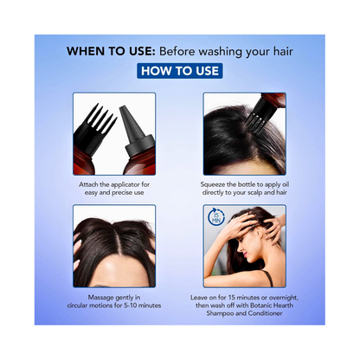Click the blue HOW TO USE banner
click(180, 71)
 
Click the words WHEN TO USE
click(111, 51)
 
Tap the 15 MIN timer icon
click(215, 217)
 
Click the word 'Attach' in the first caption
click(88, 184)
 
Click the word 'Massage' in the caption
click(100, 298)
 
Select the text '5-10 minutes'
click(142, 305)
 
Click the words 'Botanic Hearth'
click(272, 305)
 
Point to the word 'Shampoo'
click(220, 313)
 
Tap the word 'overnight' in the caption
click(283, 298)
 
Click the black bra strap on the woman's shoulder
click(267, 278)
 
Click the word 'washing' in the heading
click(221, 52)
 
